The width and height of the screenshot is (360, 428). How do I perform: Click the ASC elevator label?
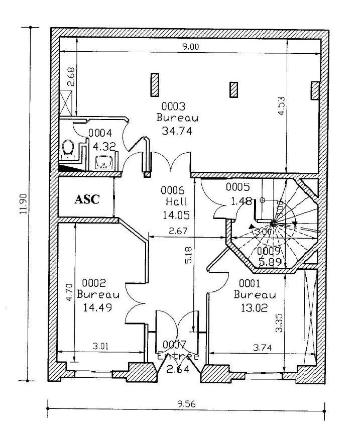(87, 199)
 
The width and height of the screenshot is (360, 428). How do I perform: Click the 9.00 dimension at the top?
(190, 47)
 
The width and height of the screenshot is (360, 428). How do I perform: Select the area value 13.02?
(251, 307)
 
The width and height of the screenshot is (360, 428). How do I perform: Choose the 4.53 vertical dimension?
(282, 105)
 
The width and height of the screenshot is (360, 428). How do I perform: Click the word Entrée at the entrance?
(178, 356)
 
